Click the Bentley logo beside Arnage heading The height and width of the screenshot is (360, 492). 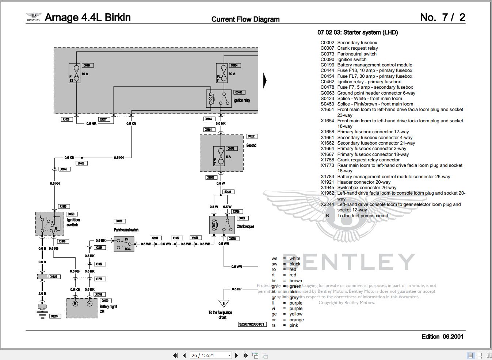[x=34, y=17]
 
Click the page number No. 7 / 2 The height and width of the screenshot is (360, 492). [x=442, y=17]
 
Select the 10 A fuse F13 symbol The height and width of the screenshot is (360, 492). [x=75, y=73]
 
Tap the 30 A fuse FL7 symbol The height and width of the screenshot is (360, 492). [x=221, y=73]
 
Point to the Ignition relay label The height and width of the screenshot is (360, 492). [x=242, y=100]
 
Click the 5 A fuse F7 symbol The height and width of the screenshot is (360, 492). [x=221, y=156]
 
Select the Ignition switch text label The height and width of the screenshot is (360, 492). [x=73, y=222]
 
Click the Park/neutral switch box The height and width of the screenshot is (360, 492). [x=124, y=244]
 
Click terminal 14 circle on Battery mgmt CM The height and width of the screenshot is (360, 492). [x=89, y=303]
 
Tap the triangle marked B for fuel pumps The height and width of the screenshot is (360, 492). [x=224, y=303]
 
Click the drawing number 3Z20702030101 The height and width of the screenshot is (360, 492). [x=252, y=324]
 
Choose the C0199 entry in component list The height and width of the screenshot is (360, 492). [x=366, y=65]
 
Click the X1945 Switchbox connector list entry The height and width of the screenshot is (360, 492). [x=358, y=188]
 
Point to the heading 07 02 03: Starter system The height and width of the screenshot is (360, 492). [x=358, y=32]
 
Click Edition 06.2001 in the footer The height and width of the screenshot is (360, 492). [x=442, y=337]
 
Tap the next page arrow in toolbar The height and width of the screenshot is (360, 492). [x=236, y=355]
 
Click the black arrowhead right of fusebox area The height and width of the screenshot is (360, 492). [x=265, y=81]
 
